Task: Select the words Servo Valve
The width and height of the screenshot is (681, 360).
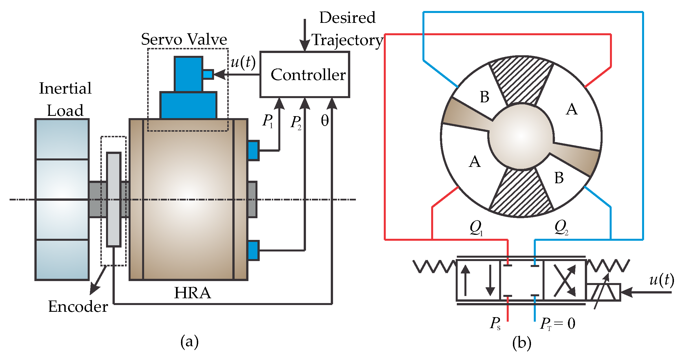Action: (x=184, y=39)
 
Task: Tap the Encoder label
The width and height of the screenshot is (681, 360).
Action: (x=78, y=306)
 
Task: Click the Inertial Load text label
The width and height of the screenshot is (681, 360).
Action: (x=65, y=99)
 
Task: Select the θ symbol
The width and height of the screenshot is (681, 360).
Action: (x=325, y=121)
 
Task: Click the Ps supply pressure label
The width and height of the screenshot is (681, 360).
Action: (x=495, y=323)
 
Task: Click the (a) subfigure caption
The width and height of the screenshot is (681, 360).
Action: (x=189, y=342)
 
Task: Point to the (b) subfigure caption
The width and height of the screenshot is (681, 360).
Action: (x=522, y=343)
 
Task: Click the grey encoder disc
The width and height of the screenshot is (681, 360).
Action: (x=114, y=200)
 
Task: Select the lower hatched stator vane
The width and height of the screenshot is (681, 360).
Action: (x=521, y=193)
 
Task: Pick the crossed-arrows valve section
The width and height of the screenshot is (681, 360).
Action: (x=565, y=281)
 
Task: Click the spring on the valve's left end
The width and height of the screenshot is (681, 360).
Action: (x=435, y=267)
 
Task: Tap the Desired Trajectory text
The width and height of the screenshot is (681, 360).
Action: (x=347, y=29)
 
